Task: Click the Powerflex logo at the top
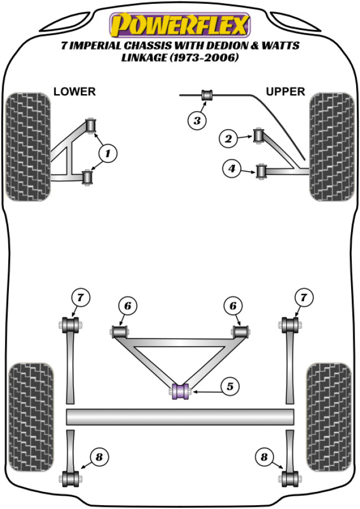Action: click(x=180, y=25)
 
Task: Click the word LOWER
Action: click(x=74, y=91)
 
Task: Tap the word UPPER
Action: click(x=285, y=91)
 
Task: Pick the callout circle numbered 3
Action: click(x=197, y=120)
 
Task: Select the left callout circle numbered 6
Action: click(x=127, y=306)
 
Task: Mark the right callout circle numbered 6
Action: click(x=233, y=306)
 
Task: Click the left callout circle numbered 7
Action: click(x=80, y=299)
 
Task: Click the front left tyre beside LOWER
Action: click(x=27, y=147)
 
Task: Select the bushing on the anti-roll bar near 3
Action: click(x=207, y=95)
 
